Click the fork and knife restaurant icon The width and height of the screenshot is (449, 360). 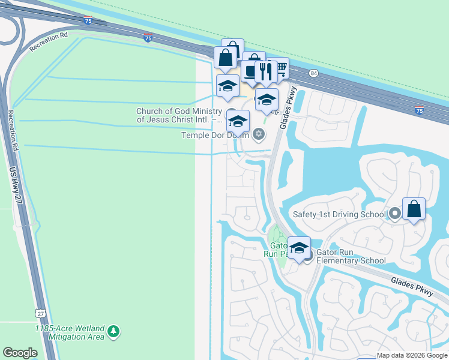click(265, 71)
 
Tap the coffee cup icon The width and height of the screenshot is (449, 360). click(250, 70)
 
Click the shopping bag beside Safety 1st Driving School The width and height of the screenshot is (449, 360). click(414, 209)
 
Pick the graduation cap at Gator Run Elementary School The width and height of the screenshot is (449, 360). click(299, 247)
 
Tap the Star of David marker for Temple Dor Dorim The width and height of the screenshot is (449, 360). click(259, 134)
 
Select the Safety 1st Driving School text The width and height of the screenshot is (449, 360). click(339, 214)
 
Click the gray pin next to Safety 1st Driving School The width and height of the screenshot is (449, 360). click(394, 213)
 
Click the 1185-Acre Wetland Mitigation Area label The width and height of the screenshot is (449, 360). click(70, 332)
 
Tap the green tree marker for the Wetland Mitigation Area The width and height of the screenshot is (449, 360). click(113, 331)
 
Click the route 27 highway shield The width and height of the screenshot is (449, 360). click(40, 313)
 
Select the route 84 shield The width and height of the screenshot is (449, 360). click(313, 73)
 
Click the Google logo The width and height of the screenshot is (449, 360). click(20, 353)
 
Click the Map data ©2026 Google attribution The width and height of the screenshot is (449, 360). click(412, 355)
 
